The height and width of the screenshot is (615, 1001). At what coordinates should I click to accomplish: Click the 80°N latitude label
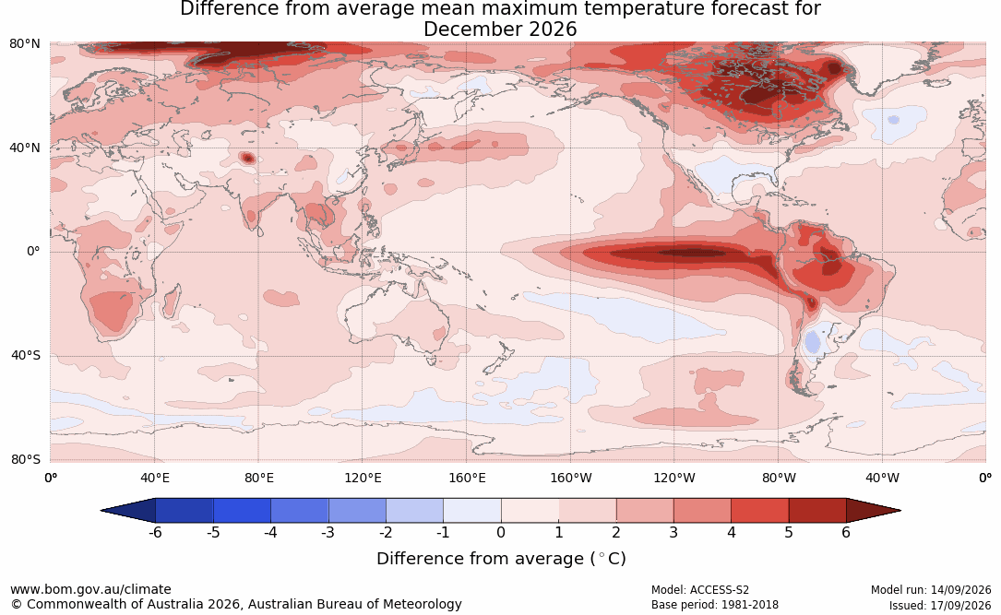24,44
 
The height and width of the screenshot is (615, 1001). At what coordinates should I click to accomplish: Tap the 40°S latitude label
26,355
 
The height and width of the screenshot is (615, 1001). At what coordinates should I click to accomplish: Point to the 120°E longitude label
363,478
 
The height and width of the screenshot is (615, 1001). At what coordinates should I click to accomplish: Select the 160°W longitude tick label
571,478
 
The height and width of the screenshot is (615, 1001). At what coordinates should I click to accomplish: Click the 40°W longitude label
882,478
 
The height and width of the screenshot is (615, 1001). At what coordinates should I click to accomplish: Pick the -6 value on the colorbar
155,533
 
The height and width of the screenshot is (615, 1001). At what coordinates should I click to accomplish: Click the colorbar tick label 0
501,533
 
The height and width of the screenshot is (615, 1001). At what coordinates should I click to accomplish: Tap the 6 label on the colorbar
846,533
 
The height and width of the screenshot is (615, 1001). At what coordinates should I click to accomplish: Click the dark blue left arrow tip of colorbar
102,511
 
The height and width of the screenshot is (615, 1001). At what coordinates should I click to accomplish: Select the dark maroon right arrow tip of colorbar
900,511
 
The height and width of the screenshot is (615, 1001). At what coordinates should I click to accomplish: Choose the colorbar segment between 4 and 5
759,511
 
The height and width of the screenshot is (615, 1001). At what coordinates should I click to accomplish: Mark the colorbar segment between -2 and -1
414,511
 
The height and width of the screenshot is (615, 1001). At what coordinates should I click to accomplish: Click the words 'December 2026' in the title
500,30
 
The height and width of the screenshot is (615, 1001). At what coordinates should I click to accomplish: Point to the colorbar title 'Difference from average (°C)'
501,559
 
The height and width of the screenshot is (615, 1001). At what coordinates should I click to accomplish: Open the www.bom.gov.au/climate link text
90,589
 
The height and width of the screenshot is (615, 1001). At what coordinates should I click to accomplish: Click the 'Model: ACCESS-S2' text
699,590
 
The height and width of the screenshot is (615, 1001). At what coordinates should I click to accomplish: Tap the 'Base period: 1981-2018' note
714,605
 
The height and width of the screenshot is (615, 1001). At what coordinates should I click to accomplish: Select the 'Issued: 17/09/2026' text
940,605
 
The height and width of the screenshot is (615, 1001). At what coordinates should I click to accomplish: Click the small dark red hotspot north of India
247,158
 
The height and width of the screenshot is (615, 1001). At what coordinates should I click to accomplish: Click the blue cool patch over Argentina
812,342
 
